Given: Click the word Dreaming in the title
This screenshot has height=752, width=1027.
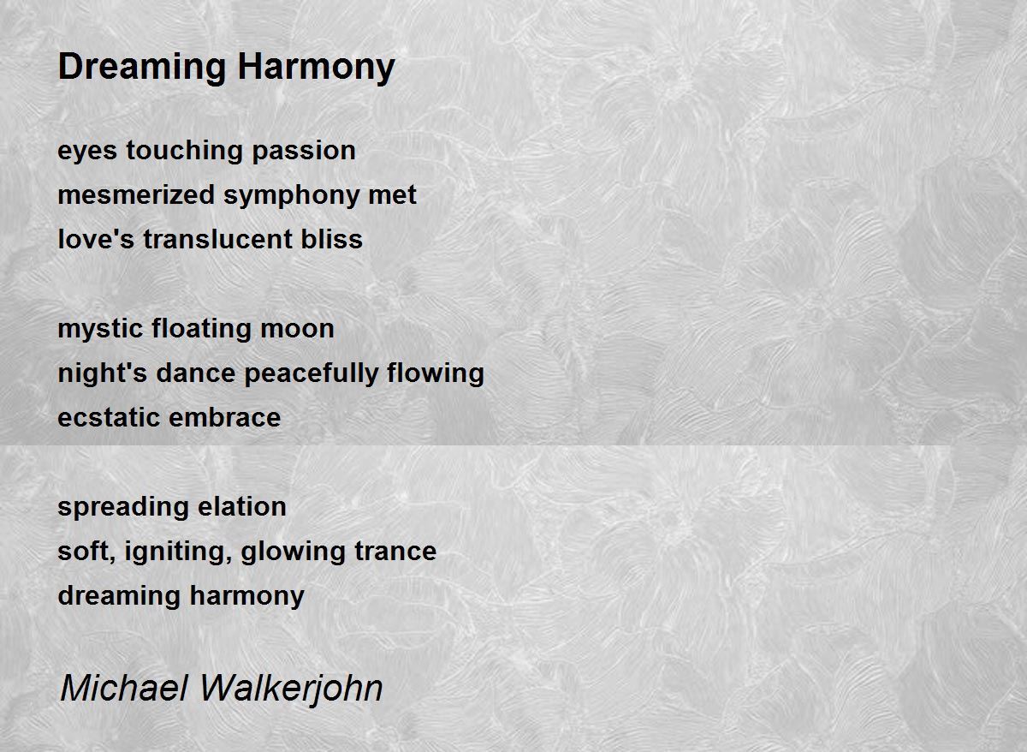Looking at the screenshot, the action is pyautogui.click(x=142, y=68).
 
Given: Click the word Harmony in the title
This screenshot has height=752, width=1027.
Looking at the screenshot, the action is pyautogui.click(x=317, y=68).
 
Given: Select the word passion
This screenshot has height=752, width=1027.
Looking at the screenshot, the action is pyautogui.click(x=304, y=152).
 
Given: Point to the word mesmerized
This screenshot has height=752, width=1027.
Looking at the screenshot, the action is pyautogui.click(x=137, y=194).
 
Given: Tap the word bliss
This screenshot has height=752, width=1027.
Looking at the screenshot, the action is pyautogui.click(x=331, y=239).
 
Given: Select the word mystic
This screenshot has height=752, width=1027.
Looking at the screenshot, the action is pyautogui.click(x=100, y=330).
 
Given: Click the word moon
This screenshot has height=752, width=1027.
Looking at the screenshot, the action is pyautogui.click(x=297, y=330).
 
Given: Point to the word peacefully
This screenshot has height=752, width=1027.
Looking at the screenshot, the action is pyautogui.click(x=312, y=374).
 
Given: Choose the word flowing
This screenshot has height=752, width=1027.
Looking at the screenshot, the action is pyautogui.click(x=436, y=374).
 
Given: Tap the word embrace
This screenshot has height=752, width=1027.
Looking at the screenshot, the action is pyautogui.click(x=224, y=417).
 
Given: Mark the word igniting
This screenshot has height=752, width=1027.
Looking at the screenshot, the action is pyautogui.click(x=178, y=552).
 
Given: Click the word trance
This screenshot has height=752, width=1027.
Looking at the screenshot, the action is pyautogui.click(x=395, y=551).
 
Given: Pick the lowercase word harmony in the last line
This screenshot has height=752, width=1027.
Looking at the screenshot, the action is pyautogui.click(x=247, y=596).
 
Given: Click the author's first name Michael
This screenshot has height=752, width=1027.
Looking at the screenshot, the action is pyautogui.click(x=124, y=689).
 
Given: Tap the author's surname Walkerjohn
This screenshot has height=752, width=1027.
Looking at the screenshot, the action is pyautogui.click(x=292, y=689).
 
